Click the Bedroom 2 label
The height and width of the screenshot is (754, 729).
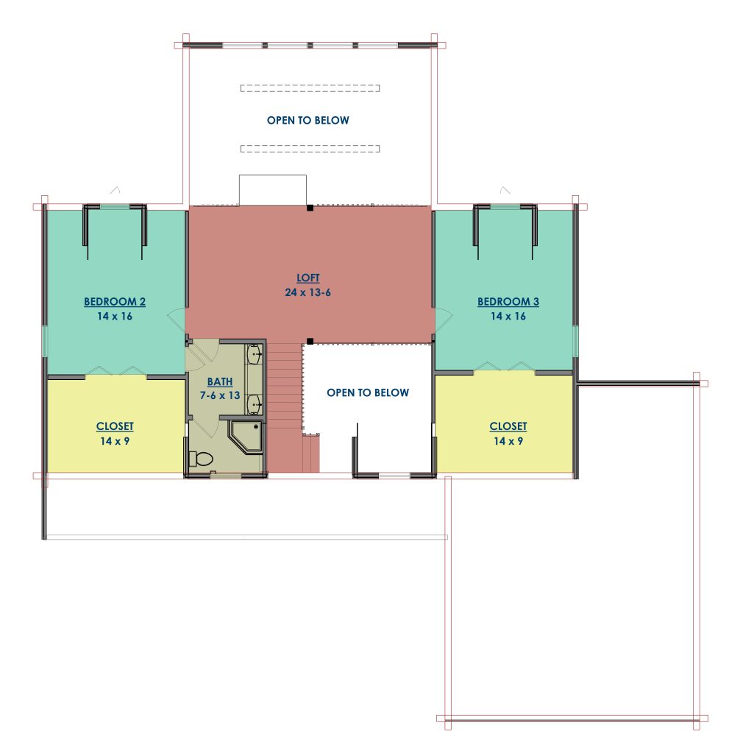pyautogui.click(x=114, y=301)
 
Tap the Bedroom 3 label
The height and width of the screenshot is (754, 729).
pyautogui.click(x=508, y=301)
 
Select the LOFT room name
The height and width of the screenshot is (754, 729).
pyautogui.click(x=307, y=278)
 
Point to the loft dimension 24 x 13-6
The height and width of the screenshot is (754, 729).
pyautogui.click(x=307, y=292)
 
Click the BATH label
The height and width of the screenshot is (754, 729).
pyautogui.click(x=220, y=382)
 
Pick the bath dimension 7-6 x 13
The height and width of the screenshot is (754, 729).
pyautogui.click(x=220, y=395)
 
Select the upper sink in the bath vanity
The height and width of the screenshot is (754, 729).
pyautogui.click(x=255, y=355)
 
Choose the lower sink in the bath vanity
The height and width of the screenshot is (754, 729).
pyautogui.click(x=255, y=404)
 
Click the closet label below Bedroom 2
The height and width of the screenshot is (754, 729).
pyautogui.click(x=114, y=426)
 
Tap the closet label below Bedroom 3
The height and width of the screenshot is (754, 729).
pyautogui.click(x=508, y=426)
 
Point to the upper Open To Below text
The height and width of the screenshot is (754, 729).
pyautogui.click(x=307, y=120)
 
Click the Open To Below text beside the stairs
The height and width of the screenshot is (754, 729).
pyautogui.click(x=368, y=392)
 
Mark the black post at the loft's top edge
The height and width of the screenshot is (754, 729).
pyautogui.click(x=310, y=208)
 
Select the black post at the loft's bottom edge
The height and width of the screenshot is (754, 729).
pyautogui.click(x=310, y=342)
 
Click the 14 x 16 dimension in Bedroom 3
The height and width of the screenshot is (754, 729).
pyautogui.click(x=508, y=317)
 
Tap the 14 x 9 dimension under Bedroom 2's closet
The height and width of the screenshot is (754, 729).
pyautogui.click(x=114, y=441)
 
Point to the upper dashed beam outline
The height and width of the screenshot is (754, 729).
pyautogui.click(x=310, y=88)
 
